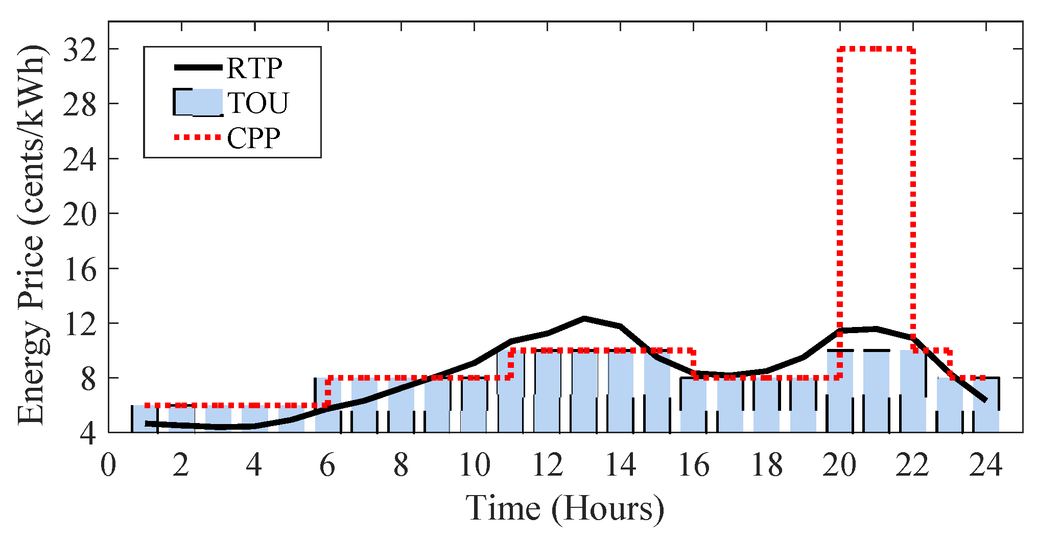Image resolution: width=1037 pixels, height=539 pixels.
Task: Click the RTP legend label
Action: coord(254,68)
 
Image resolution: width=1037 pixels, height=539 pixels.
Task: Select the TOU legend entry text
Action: coord(258,103)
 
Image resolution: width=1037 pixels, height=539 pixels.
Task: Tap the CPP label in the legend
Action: coord(253,138)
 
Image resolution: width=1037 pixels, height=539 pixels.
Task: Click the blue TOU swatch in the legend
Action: coord(198,102)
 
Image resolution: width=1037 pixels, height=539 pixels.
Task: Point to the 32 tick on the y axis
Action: coord(79,50)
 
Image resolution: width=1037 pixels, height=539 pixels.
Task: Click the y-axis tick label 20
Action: coord(79,214)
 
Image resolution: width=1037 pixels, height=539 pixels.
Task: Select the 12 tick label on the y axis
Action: coord(79,324)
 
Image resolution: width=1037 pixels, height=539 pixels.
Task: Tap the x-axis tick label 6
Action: coord(327,465)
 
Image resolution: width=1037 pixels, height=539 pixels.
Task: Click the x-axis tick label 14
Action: coord(620,465)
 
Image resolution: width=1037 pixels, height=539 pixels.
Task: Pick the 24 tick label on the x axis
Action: coord(985,465)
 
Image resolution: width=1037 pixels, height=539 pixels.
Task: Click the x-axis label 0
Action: coord(108,465)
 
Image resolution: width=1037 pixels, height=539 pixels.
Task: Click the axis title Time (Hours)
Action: coord(565,508)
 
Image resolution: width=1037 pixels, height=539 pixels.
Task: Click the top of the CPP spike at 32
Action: coord(876,49)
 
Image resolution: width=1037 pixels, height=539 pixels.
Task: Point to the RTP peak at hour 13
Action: coord(584,318)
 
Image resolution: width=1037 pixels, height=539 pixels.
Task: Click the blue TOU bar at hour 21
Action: coord(876,391)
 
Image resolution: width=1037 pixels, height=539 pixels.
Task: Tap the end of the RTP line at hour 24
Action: coord(985,400)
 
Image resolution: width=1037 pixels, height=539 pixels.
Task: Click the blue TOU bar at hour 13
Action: coord(584,391)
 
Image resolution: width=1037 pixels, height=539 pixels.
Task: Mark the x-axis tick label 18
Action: coord(766,465)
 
